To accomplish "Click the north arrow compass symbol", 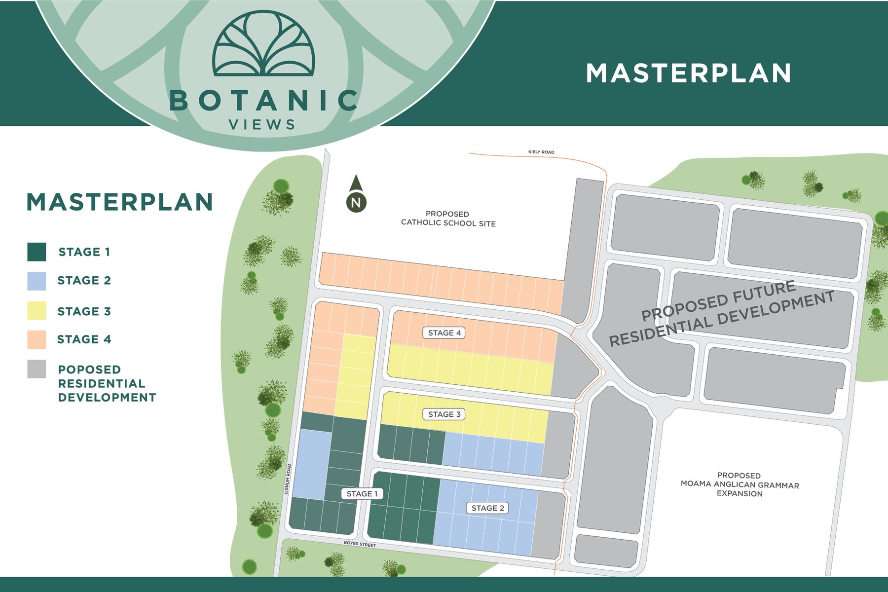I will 356,195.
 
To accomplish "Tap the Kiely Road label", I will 541,152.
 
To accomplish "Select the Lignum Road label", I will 289,479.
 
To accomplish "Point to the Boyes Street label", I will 360,544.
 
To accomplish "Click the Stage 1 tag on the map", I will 362,494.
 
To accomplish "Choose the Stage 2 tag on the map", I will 487,508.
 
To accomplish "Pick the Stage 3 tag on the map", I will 444,414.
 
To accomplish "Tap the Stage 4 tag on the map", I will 444,333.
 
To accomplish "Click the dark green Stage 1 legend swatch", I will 37,252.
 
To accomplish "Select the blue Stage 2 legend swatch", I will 37,281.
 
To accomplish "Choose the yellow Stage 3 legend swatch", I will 37,311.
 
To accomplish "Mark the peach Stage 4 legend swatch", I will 37,339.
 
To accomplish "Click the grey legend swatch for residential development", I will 37,369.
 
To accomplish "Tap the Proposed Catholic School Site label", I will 447,219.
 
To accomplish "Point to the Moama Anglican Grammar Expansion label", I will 739,484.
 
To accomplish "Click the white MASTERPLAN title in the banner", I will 688,74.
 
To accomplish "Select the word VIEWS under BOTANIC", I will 262,125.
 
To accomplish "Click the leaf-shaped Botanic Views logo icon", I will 263,44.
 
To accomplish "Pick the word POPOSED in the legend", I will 89,370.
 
